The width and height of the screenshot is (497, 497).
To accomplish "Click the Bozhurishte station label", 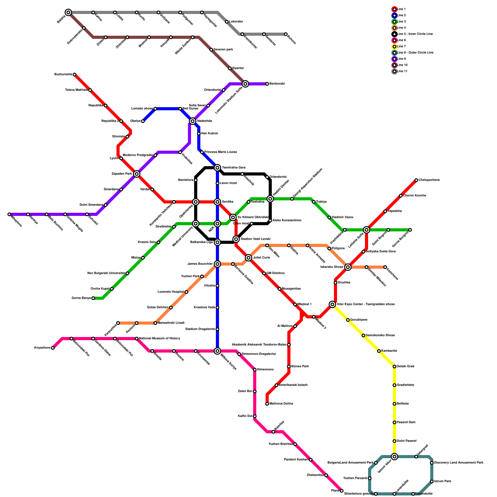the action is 63,75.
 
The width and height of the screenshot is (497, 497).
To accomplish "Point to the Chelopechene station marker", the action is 416,180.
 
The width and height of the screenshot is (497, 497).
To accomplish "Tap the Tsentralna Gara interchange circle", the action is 217,168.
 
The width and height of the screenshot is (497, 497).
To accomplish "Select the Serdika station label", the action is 227,202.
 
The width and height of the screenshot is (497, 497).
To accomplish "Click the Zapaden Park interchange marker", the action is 137,174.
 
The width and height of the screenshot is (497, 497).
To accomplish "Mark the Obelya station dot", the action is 143,121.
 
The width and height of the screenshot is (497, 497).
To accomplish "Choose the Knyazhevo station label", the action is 42,348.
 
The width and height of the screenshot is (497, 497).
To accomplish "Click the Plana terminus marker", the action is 342,491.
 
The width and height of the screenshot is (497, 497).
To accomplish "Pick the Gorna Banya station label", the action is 81,298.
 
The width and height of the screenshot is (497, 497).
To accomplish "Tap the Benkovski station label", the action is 277,84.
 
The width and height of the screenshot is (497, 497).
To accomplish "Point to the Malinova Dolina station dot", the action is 267,404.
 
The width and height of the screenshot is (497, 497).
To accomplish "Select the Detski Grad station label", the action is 406,367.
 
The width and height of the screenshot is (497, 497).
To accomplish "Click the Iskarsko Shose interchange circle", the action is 348,267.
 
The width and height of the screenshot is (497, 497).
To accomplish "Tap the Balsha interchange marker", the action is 68,12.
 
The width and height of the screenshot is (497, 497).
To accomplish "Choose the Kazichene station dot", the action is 385,267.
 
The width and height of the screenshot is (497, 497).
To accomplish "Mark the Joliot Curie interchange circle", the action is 248,258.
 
